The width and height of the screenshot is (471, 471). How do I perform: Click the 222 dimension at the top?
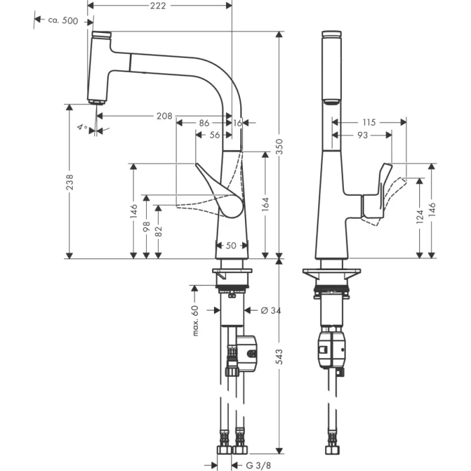(158, 5)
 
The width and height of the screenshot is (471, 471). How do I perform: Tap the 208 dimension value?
(164, 116)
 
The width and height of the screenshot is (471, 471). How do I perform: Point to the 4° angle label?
(83, 127)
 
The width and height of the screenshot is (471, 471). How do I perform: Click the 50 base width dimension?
(230, 246)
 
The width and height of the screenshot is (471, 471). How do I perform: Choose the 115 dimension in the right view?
(369, 122)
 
